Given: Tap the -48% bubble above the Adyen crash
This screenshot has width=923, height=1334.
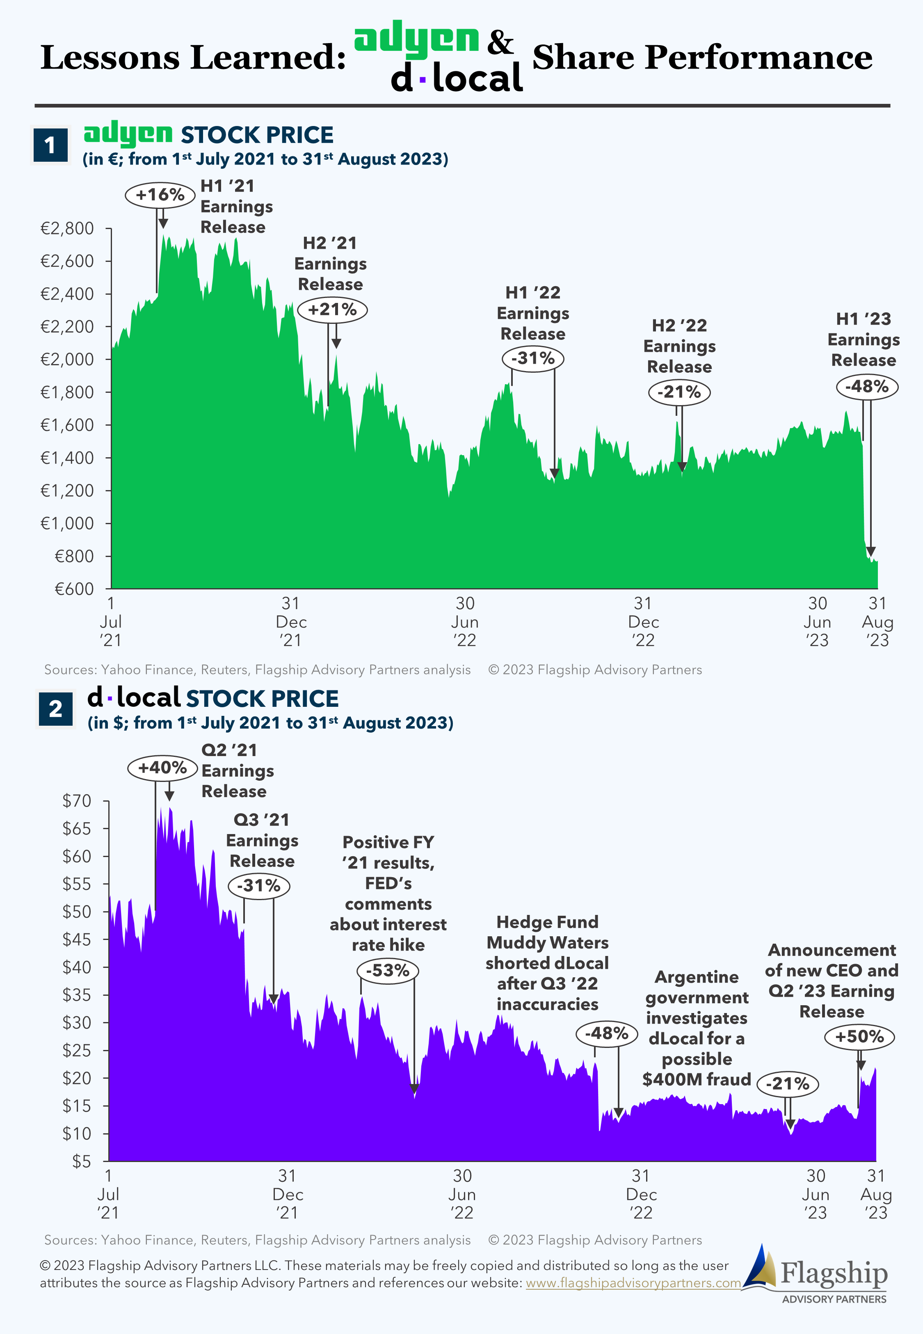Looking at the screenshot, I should [866, 386].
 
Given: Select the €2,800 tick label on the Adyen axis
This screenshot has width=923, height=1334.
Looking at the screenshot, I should [67, 229].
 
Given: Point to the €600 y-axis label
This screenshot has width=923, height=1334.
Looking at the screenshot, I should [74, 589].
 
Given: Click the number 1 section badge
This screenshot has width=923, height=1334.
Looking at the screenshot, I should [50, 144].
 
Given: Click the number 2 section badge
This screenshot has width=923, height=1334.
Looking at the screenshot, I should [55, 708].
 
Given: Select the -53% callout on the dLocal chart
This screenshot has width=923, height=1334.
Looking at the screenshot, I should [388, 970].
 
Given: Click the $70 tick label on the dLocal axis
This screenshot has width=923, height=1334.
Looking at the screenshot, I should [77, 801].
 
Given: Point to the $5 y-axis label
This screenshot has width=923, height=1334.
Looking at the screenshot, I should [82, 1161].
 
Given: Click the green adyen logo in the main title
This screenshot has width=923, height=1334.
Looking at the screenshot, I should [416, 39].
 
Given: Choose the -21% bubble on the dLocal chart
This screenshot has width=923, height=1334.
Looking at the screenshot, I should [787, 1084].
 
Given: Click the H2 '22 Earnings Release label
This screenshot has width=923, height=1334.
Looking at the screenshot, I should [679, 346].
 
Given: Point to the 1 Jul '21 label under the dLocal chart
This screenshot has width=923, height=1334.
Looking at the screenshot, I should [108, 1194].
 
